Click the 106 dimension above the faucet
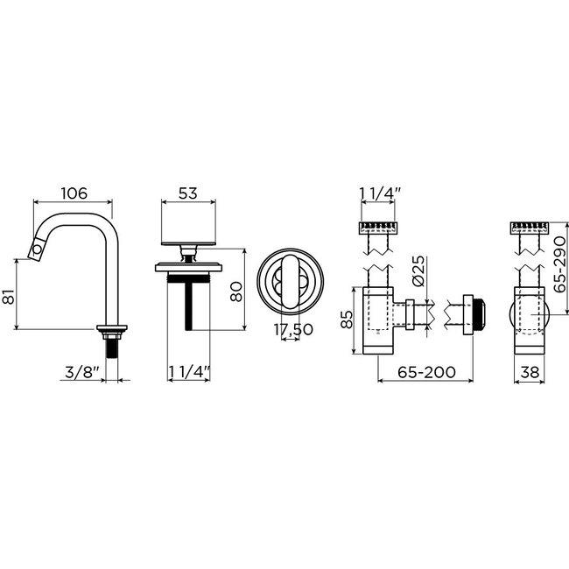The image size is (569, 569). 74,194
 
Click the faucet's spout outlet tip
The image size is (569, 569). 37,252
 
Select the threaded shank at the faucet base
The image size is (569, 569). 112,345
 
